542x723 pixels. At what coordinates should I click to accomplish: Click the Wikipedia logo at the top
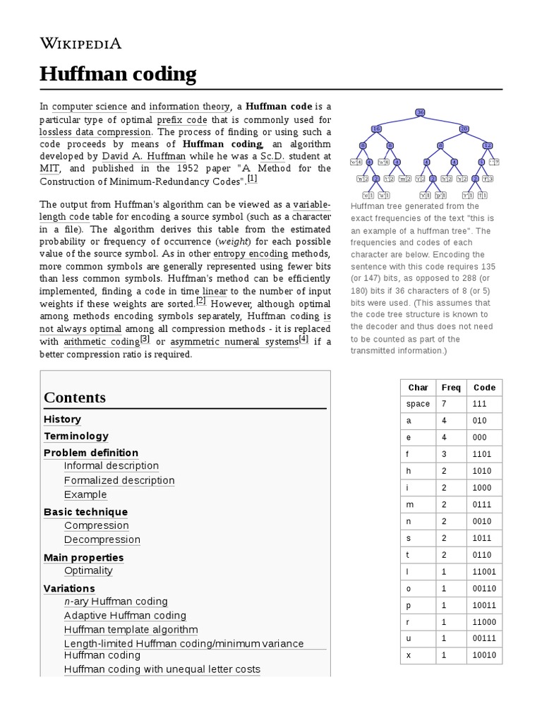coord(80,44)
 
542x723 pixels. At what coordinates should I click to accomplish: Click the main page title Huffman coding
coord(118,74)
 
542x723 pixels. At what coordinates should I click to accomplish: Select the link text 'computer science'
coord(90,107)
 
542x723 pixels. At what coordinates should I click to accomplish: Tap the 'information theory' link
coord(189,107)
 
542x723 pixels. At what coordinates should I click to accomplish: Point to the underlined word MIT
coord(49,168)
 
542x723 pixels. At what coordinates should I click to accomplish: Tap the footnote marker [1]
coord(252,179)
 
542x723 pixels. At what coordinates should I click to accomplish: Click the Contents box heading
coord(75,398)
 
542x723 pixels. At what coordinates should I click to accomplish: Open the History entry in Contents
coord(62,419)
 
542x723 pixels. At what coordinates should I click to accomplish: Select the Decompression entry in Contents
coord(102,539)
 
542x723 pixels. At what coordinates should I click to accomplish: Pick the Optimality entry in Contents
coord(88,570)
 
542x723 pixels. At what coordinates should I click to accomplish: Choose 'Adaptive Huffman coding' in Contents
coord(125,616)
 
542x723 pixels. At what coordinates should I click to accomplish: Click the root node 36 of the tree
coord(421,112)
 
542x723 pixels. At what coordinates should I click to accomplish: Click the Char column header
coord(418,387)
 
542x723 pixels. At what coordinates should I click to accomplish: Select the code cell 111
coord(481,404)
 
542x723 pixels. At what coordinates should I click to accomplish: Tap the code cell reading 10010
coord(485,655)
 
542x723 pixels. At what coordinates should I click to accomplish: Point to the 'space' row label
coord(418,404)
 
